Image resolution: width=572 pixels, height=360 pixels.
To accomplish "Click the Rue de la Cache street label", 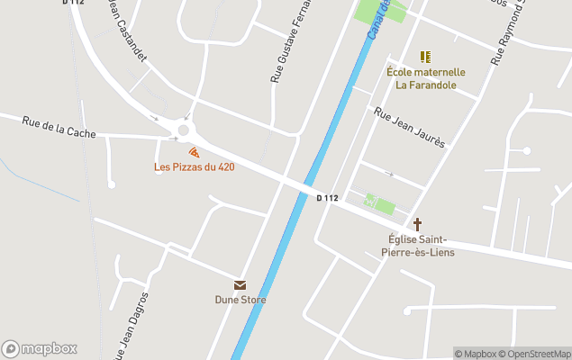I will [59, 131].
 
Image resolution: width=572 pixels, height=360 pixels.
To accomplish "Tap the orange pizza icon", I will [194, 154].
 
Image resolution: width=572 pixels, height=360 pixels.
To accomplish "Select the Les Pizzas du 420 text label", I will [194, 167].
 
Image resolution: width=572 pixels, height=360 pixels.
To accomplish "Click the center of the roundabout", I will [185, 130].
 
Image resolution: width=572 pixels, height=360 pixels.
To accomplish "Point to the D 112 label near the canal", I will [327, 198].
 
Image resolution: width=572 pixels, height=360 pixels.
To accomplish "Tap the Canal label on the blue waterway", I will [378, 20].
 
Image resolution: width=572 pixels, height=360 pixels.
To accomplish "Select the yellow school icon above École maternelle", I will [425, 57].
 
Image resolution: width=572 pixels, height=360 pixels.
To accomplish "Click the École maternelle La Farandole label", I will [426, 78].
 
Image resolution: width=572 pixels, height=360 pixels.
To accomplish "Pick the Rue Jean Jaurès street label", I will [410, 128].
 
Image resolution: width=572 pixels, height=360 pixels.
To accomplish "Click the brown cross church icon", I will [417, 224].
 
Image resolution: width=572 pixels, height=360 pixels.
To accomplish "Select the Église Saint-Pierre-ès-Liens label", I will [416, 246].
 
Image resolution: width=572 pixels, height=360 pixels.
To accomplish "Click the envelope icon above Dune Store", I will [240, 284].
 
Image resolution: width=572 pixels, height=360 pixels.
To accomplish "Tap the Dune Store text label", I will [240, 300].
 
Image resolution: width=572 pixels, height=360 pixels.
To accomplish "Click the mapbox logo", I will [40, 348].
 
